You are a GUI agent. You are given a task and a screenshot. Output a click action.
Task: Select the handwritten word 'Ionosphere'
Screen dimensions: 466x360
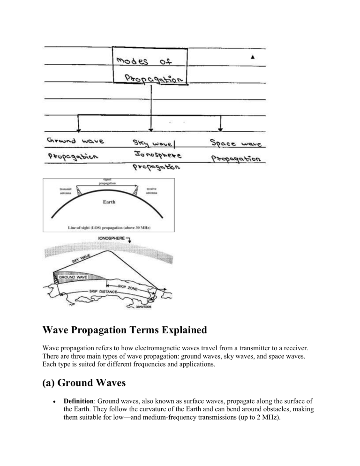point(150,153)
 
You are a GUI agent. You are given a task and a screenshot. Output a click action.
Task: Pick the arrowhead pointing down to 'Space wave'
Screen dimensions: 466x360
point(221,128)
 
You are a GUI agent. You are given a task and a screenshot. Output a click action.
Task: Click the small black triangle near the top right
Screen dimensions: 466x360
point(253,57)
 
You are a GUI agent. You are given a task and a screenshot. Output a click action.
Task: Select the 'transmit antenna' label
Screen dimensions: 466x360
point(65,191)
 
